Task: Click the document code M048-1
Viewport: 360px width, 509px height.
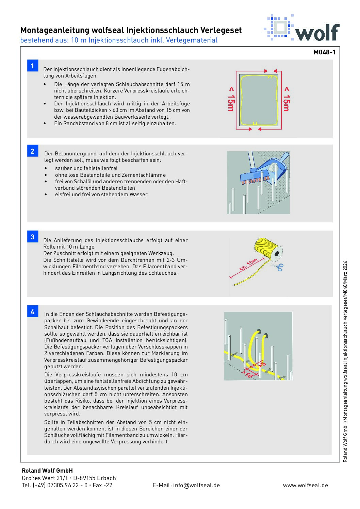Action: click(x=324, y=52)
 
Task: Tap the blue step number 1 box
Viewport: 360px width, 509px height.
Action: click(x=33, y=66)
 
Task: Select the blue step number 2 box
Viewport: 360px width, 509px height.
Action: click(x=33, y=151)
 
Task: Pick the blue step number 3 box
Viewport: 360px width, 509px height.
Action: click(x=33, y=237)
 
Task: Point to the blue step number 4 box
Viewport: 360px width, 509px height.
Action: click(x=33, y=311)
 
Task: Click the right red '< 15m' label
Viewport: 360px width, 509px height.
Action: click(x=287, y=99)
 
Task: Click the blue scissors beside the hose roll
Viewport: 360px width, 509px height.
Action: click(x=279, y=267)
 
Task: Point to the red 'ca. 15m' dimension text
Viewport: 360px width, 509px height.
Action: click(x=248, y=265)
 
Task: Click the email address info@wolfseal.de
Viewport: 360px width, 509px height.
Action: click(x=186, y=485)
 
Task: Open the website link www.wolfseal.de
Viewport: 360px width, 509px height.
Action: click(x=305, y=485)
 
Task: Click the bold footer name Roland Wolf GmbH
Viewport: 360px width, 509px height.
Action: click(x=47, y=471)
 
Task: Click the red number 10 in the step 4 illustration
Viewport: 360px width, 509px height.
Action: click(x=249, y=375)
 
